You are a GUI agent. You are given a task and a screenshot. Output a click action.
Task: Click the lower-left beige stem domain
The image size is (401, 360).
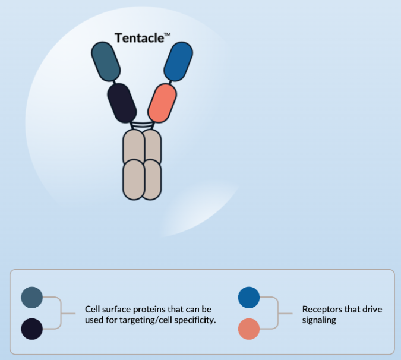[133, 178]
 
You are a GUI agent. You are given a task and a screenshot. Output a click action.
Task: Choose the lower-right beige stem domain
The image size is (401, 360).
[151, 178]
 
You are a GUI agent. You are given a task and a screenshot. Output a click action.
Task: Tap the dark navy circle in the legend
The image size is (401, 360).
[31, 329]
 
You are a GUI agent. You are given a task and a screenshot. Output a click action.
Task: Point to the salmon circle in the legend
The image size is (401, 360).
[248, 329]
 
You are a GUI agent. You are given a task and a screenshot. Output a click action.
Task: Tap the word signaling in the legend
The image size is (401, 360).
[319, 320]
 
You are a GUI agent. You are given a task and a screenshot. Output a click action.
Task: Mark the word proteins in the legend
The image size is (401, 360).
[144, 310]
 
